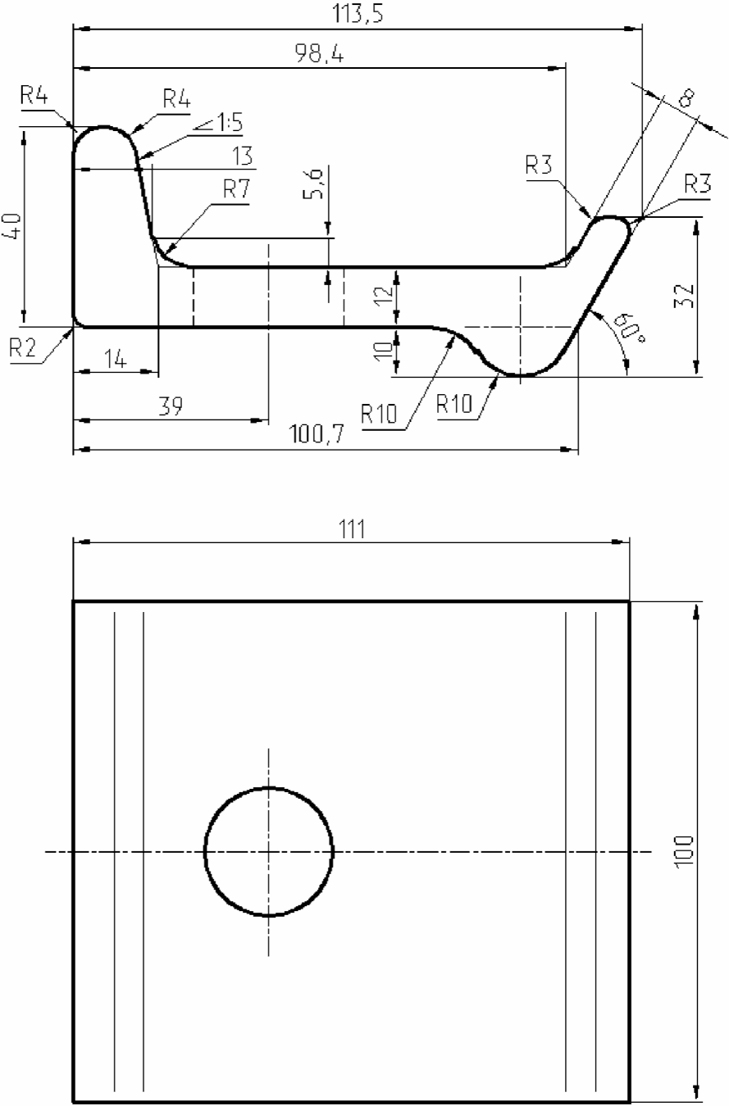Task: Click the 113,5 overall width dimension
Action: (358, 13)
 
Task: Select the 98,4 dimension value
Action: (319, 53)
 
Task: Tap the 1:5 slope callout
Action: (218, 123)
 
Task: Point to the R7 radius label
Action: (236, 188)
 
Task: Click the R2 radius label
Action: (23, 348)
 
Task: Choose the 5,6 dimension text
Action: (313, 184)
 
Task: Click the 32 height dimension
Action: (685, 295)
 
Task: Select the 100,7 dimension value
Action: (317, 434)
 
